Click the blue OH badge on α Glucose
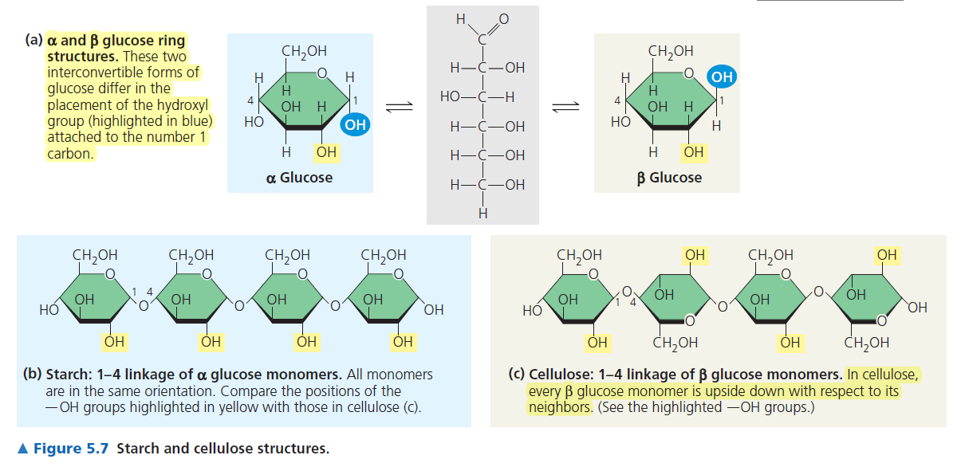[355, 124]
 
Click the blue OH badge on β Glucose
[721, 77]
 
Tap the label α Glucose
[299, 178]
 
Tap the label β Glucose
[669, 178]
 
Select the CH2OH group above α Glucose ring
[304, 52]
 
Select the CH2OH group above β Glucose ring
[671, 52]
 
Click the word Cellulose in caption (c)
[557, 375]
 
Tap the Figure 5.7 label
[71, 449]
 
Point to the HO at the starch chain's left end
[49, 308]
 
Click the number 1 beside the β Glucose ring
[721, 100]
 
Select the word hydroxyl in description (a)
[184, 104]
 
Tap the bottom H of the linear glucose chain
[482, 213]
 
